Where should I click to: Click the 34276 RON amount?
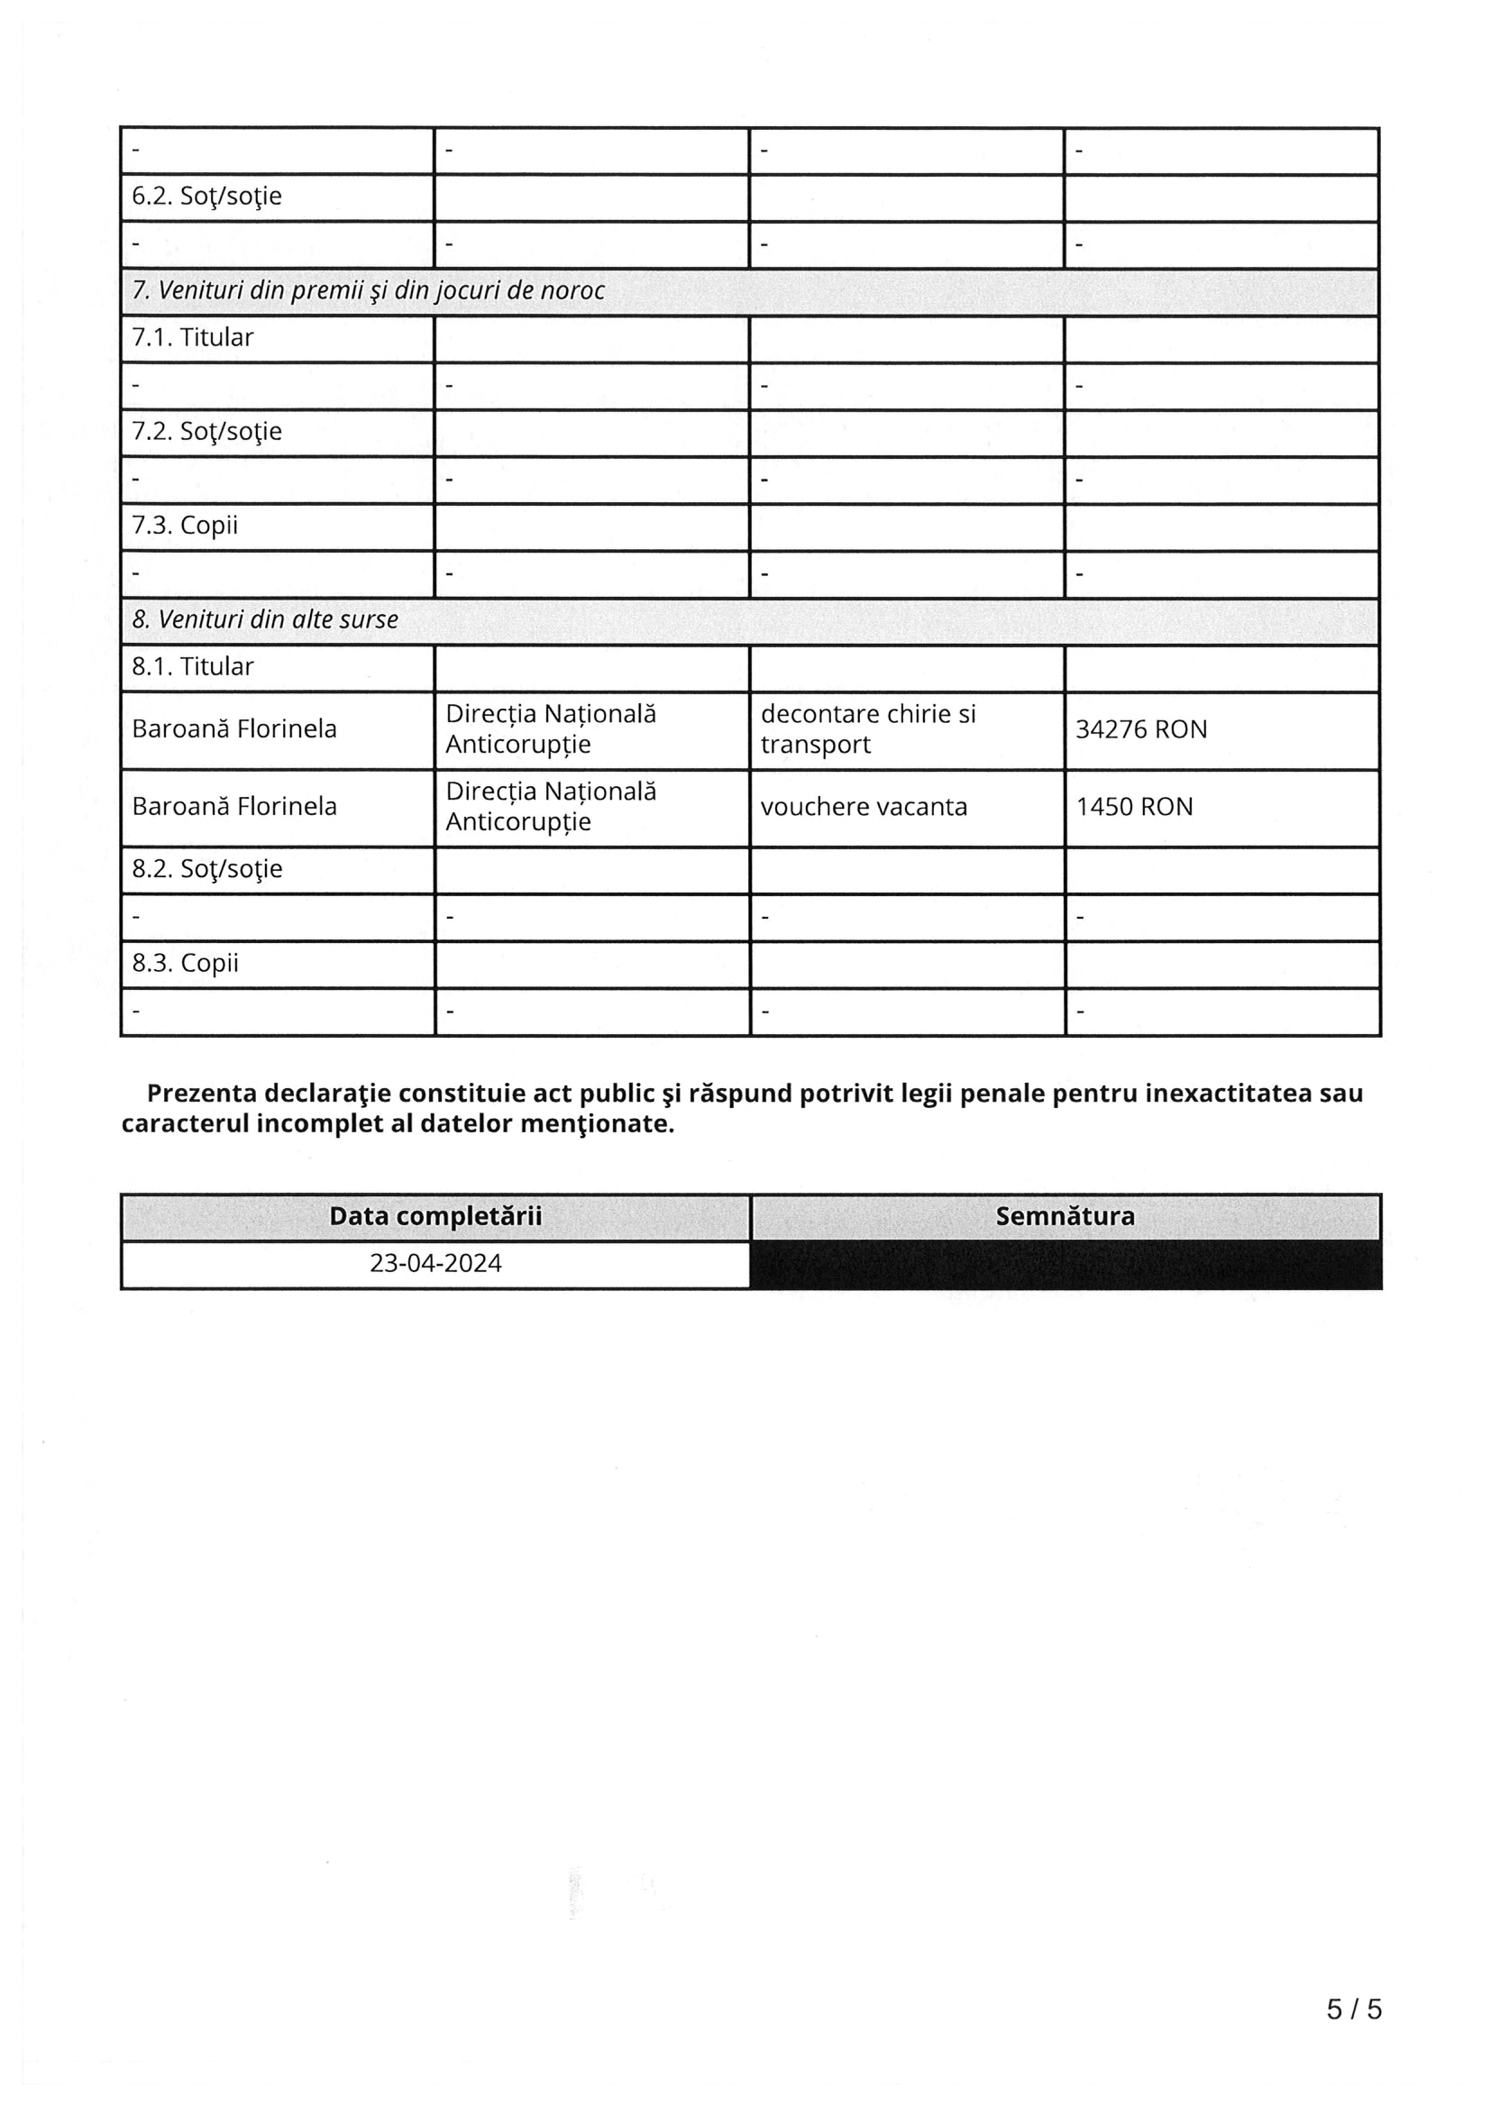pos(1140,729)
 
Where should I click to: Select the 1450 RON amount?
pos(1134,807)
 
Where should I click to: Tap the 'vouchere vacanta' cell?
pos(864,807)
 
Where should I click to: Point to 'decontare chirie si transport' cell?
pos(867,728)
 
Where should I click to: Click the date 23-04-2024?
pos(435,1264)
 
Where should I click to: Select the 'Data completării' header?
pos(435,1216)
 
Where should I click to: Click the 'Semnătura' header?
pos(1065,1216)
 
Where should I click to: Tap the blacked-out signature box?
pos(1065,1265)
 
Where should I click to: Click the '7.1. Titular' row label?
pos(192,338)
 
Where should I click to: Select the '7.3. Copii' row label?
pos(185,526)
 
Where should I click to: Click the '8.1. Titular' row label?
pos(192,667)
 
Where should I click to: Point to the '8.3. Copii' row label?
pos(185,964)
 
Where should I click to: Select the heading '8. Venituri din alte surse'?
pos(265,619)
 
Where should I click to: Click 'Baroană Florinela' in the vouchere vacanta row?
pos(233,807)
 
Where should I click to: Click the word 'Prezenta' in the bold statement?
pos(201,1094)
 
